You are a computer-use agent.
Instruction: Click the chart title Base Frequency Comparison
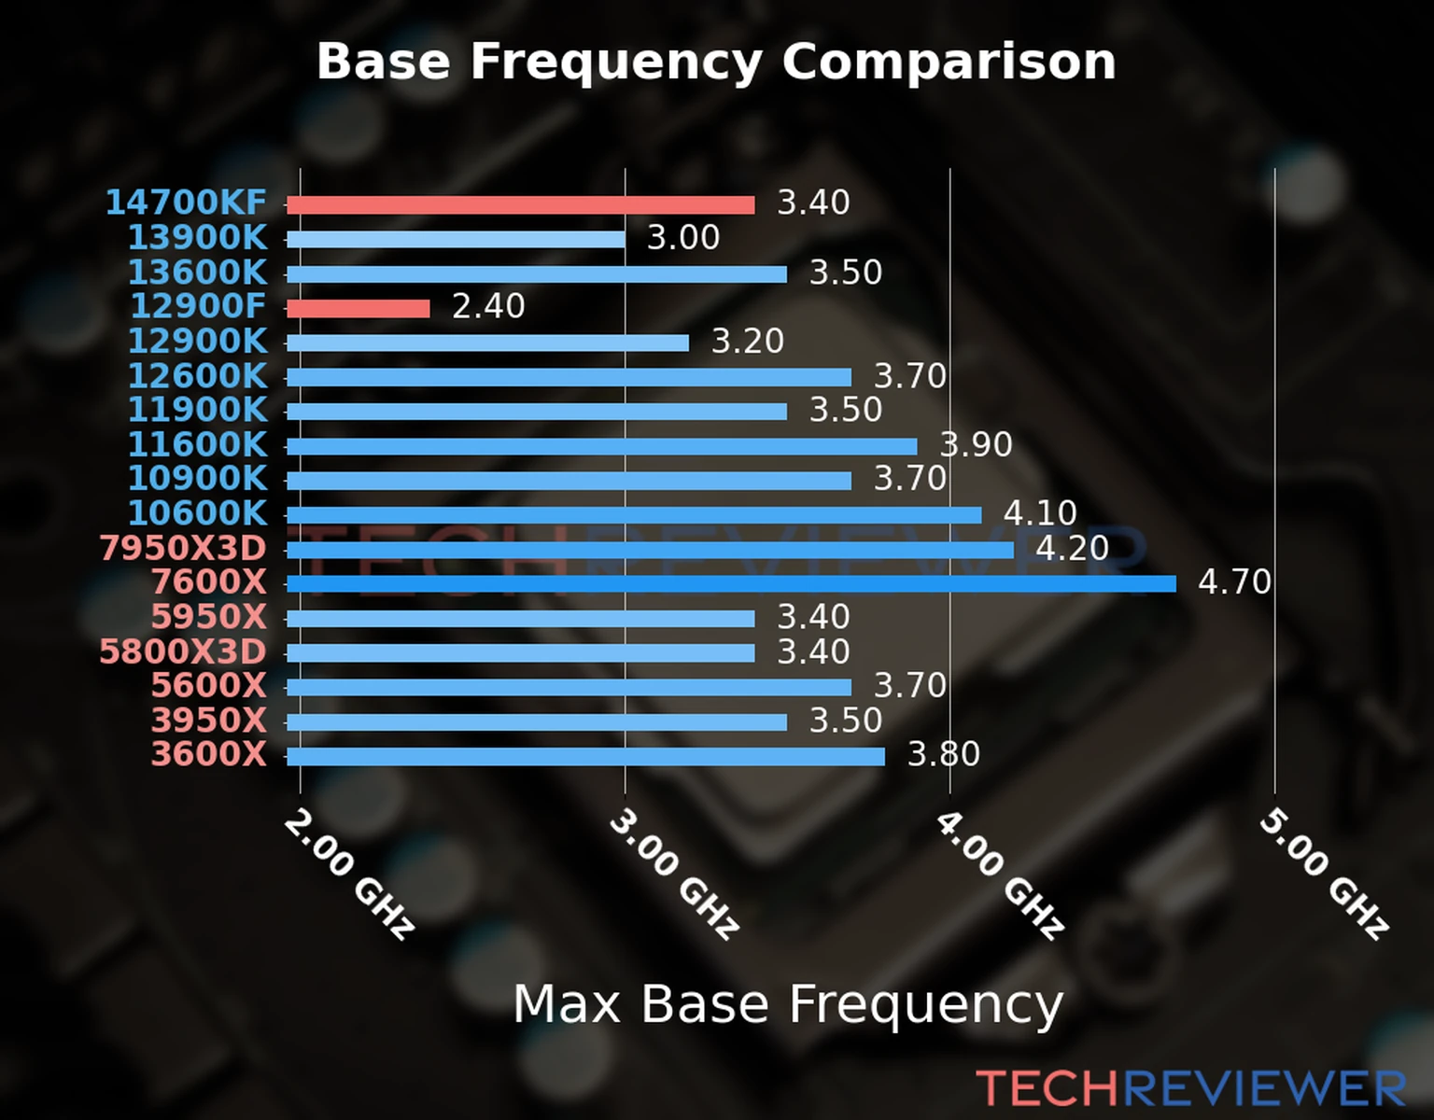pos(716,62)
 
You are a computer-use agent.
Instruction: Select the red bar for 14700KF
pos(520,205)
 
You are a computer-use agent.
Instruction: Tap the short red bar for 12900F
pos(358,308)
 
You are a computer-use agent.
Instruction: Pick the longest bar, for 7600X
pos(731,584)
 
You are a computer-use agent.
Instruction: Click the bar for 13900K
pos(456,240)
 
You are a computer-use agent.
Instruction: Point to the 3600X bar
pos(585,756)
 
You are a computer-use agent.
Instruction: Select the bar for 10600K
pos(634,515)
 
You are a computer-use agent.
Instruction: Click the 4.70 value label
pos(1234,582)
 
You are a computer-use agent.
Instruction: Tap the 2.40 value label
pos(488,306)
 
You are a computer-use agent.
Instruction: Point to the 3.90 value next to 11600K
pos(976,444)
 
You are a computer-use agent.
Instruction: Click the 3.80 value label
pos(944,754)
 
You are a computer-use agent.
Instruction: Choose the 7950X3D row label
pos(183,549)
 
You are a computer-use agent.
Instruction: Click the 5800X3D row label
pos(183,651)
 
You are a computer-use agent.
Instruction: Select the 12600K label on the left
pos(197,376)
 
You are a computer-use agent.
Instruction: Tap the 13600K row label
pos(197,273)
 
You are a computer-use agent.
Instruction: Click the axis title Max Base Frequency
pos(788,1005)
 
